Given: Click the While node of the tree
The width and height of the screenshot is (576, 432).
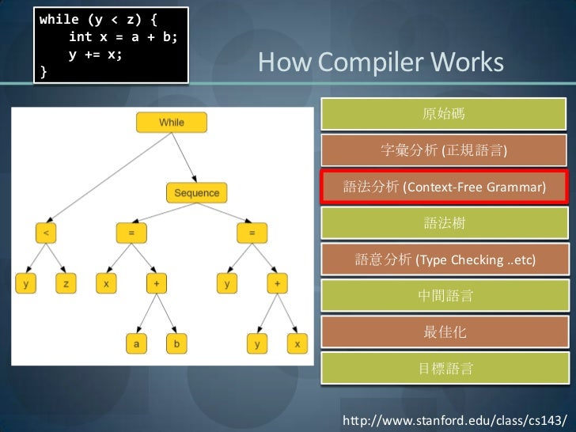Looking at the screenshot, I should (171, 122).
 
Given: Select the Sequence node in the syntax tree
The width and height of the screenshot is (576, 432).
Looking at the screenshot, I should (196, 192).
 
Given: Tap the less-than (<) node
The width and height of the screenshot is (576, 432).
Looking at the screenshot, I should (46, 233).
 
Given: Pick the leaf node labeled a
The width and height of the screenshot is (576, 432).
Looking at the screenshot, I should (136, 343).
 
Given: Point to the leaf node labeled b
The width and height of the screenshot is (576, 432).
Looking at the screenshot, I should (176, 343).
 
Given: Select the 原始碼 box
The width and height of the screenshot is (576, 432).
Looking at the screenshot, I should (443, 114).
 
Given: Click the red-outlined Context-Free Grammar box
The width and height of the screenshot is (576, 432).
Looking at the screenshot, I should (443, 188).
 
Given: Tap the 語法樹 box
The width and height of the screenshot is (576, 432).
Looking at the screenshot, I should (443, 224).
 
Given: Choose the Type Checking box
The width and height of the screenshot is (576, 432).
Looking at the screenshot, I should (443, 260).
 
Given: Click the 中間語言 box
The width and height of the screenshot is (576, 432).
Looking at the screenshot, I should (443, 296).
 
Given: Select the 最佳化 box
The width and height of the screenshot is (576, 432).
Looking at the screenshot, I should (443, 332).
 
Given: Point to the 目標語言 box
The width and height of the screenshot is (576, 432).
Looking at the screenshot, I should (443, 368).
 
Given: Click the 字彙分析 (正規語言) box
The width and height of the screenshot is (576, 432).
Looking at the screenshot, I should (443, 150).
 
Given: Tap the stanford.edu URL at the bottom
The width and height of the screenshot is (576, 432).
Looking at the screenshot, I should (453, 416).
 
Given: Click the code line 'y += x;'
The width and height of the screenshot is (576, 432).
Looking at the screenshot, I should (95, 56).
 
